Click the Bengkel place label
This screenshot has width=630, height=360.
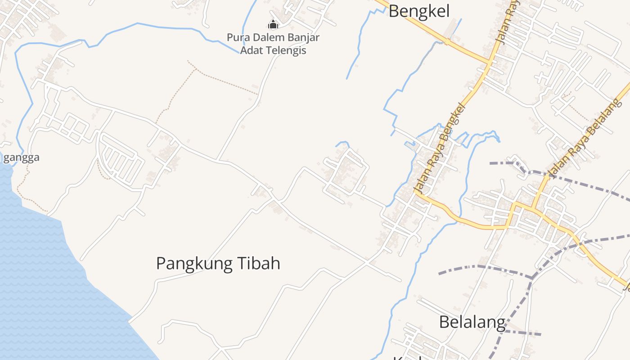(x=419, y=11)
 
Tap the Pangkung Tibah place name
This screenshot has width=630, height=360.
(x=218, y=263)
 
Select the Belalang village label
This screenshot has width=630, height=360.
(x=472, y=322)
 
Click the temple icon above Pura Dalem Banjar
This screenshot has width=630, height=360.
(x=273, y=24)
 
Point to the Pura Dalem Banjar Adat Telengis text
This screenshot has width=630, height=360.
(x=273, y=44)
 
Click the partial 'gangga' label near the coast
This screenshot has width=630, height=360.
(x=21, y=157)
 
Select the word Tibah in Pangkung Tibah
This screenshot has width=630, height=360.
(x=258, y=263)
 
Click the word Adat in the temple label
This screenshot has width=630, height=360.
(x=251, y=50)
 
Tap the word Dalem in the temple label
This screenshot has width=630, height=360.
(x=263, y=37)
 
